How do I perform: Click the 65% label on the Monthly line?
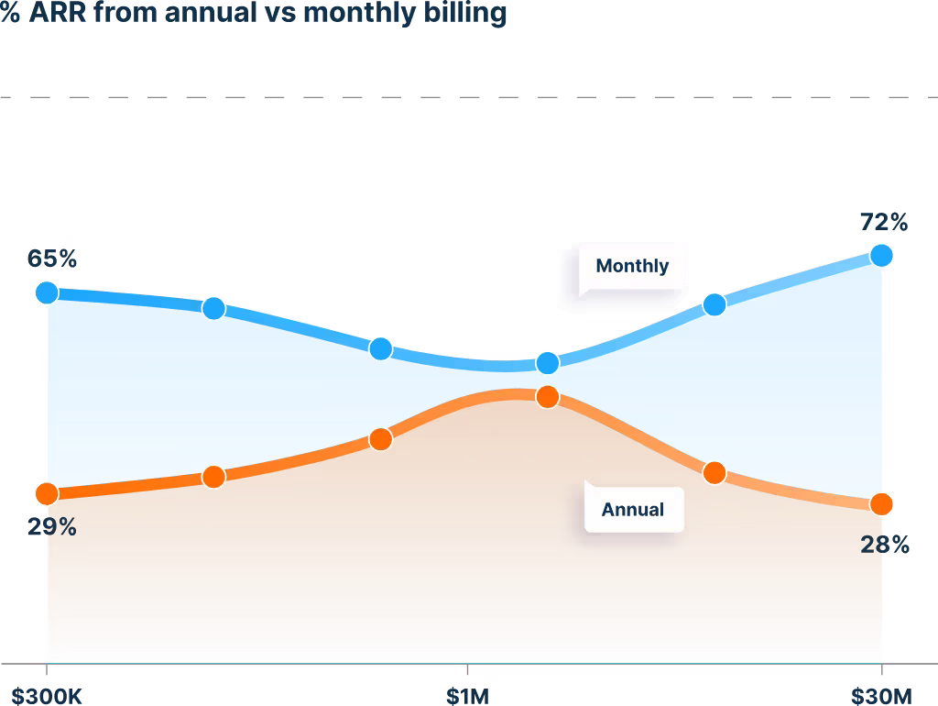click(52, 259)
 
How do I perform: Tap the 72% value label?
click(883, 222)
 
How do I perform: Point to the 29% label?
click(52, 527)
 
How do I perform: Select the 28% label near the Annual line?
click(885, 546)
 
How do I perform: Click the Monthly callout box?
click(631, 266)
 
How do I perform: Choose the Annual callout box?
click(633, 509)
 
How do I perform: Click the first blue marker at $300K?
click(47, 292)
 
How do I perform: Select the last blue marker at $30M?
click(881, 255)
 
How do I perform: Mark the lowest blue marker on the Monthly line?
click(547, 363)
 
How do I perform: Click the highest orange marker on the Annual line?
click(547, 397)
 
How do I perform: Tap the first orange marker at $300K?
click(47, 494)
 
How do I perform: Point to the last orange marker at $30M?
click(881, 504)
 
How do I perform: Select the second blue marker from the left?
click(213, 308)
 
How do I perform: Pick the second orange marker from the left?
click(213, 477)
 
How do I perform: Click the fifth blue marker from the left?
click(714, 304)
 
